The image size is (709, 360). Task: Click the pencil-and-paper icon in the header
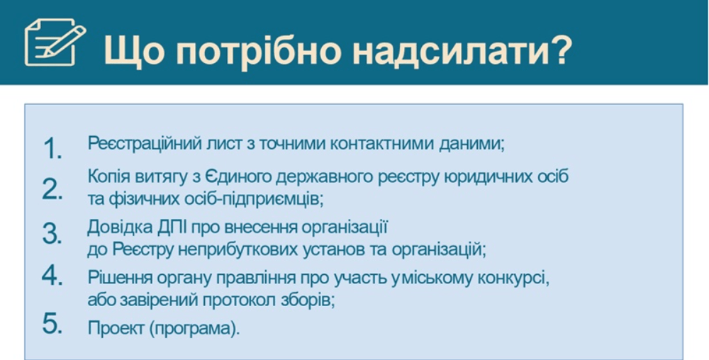pos(55,42)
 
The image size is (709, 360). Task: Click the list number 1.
pos(52,147)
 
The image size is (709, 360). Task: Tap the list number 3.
pos(52,233)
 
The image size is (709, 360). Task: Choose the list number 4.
pos(52,275)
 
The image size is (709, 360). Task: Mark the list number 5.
pos(52,323)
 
